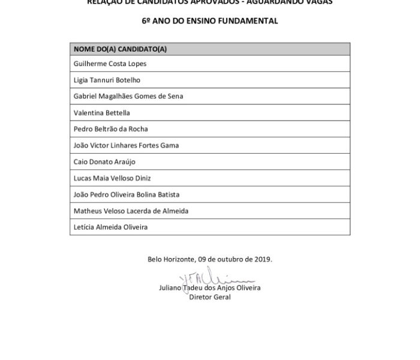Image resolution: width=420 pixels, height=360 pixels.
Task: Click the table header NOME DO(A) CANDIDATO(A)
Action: point(120,49)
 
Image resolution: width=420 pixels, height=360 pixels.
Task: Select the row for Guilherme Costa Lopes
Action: point(110,64)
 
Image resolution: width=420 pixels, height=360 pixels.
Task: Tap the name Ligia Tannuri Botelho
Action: point(107,80)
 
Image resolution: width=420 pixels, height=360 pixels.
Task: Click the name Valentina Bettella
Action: point(101,113)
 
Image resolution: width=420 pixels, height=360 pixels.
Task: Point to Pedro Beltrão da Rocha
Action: point(110,129)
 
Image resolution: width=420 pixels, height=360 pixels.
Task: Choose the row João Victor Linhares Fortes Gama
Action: point(126,145)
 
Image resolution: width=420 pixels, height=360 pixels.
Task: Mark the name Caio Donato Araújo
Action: point(104,162)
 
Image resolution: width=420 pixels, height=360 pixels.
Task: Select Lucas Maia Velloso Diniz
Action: point(112,178)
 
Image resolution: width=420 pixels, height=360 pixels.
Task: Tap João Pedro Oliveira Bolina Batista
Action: point(126,194)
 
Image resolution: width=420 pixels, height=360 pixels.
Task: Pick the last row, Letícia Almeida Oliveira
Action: point(110,227)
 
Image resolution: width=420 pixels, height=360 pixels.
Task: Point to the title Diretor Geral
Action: point(210,297)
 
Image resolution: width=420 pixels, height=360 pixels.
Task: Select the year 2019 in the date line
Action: point(263,259)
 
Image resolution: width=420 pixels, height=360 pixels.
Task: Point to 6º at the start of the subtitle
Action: point(146,20)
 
